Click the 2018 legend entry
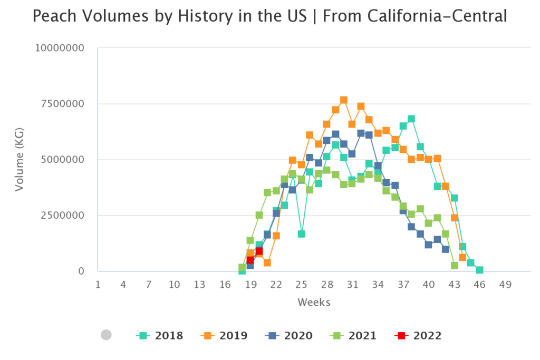pos(160,335)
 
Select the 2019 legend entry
pos(224,335)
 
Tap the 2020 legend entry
pos(288,335)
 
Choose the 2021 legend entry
pos(353,335)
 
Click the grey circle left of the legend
pos(106,335)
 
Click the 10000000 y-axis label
pos(60,48)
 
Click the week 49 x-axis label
pos(505,285)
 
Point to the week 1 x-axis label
pos(98,285)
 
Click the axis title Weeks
pos(314,302)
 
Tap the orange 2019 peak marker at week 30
pos(344,100)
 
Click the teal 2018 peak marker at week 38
pos(411,119)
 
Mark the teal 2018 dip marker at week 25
pos(301,234)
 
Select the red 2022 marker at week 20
pos(259,251)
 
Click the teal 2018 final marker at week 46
pos(479,270)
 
